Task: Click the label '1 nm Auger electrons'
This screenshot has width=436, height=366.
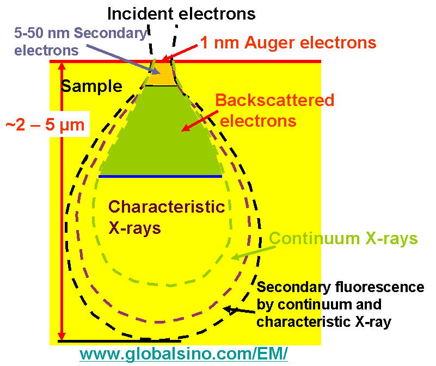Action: tap(288, 43)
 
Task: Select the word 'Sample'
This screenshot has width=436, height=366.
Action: tap(91, 86)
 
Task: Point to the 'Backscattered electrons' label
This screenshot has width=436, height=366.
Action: tap(274, 110)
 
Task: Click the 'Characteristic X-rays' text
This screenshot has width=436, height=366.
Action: tap(167, 217)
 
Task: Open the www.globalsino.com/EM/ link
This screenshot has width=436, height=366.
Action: tap(183, 354)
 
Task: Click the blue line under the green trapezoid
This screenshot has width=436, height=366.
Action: tap(160, 176)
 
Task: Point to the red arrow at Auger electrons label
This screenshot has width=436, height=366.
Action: tap(180, 52)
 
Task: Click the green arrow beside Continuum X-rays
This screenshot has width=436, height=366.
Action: tap(248, 250)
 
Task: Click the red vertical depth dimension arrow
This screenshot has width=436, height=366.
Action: tap(62, 201)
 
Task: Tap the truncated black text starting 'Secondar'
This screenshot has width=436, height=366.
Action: tap(288, 305)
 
